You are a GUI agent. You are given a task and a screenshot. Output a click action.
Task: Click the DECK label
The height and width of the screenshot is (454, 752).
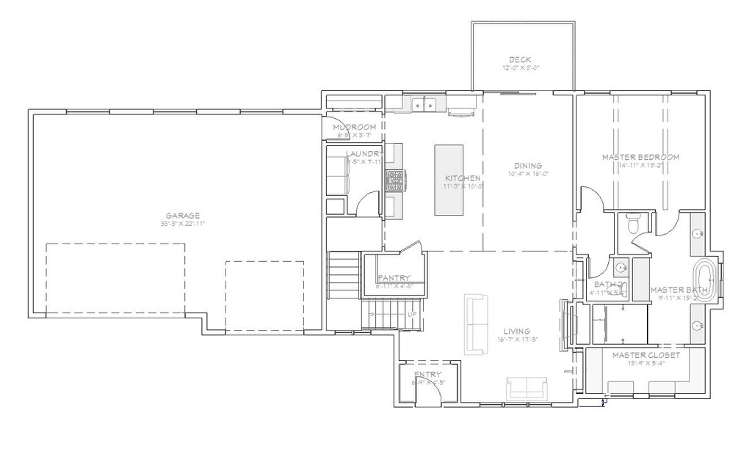pyautogui.click(x=520, y=59)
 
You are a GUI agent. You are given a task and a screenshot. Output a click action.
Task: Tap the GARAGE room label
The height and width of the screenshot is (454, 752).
pyautogui.click(x=182, y=215)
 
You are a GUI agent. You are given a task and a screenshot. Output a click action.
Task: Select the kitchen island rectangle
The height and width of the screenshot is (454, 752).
pyautogui.click(x=449, y=180)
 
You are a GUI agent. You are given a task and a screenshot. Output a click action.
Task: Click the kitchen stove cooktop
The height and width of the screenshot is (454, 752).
pyautogui.click(x=396, y=180)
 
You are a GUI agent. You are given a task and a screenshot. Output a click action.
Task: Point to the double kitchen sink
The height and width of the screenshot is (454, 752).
pyautogui.click(x=424, y=106)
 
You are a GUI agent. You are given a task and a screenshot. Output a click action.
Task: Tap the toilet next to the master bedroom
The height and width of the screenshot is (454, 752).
pyautogui.click(x=634, y=220)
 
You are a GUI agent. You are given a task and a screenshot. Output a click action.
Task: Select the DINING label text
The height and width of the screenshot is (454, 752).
pyautogui.click(x=528, y=166)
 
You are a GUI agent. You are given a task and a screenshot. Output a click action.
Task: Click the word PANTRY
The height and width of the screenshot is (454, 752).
pyautogui.click(x=394, y=278)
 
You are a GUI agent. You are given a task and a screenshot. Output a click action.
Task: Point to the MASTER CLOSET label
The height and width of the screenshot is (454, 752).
pyautogui.click(x=646, y=355)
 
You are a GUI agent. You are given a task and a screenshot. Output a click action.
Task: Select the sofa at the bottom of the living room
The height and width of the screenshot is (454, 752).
pyautogui.click(x=527, y=387)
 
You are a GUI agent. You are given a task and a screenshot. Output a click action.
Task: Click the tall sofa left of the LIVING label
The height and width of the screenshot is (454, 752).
pyautogui.click(x=475, y=324)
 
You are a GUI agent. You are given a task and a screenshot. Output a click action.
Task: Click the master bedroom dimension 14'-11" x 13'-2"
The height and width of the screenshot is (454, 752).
pyautogui.click(x=640, y=166)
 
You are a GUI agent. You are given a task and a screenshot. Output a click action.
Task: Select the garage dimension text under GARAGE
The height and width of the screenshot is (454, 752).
pyautogui.click(x=182, y=223)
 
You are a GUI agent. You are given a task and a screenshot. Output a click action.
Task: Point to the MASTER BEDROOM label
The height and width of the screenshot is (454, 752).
pyautogui.click(x=640, y=157)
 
